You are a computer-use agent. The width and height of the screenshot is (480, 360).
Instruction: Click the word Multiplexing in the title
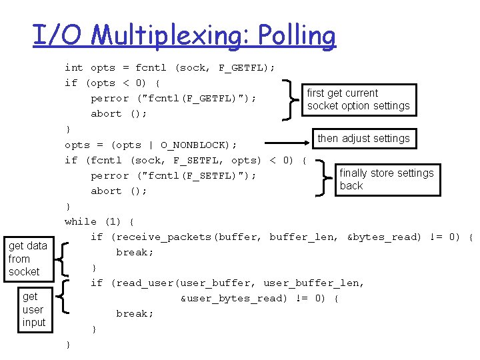pos(171,36)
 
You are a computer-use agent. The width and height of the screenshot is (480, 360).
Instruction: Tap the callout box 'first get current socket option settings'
pos(359,99)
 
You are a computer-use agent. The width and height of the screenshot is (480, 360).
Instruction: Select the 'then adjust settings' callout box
pos(363,139)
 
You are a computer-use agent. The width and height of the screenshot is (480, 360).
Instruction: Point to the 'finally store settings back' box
pos(387,179)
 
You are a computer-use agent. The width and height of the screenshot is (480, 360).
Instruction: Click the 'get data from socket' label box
pos(28,259)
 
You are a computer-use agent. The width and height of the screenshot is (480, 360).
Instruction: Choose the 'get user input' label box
pos(33,309)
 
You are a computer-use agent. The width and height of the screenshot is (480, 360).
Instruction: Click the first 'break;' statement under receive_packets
pos(135,252)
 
